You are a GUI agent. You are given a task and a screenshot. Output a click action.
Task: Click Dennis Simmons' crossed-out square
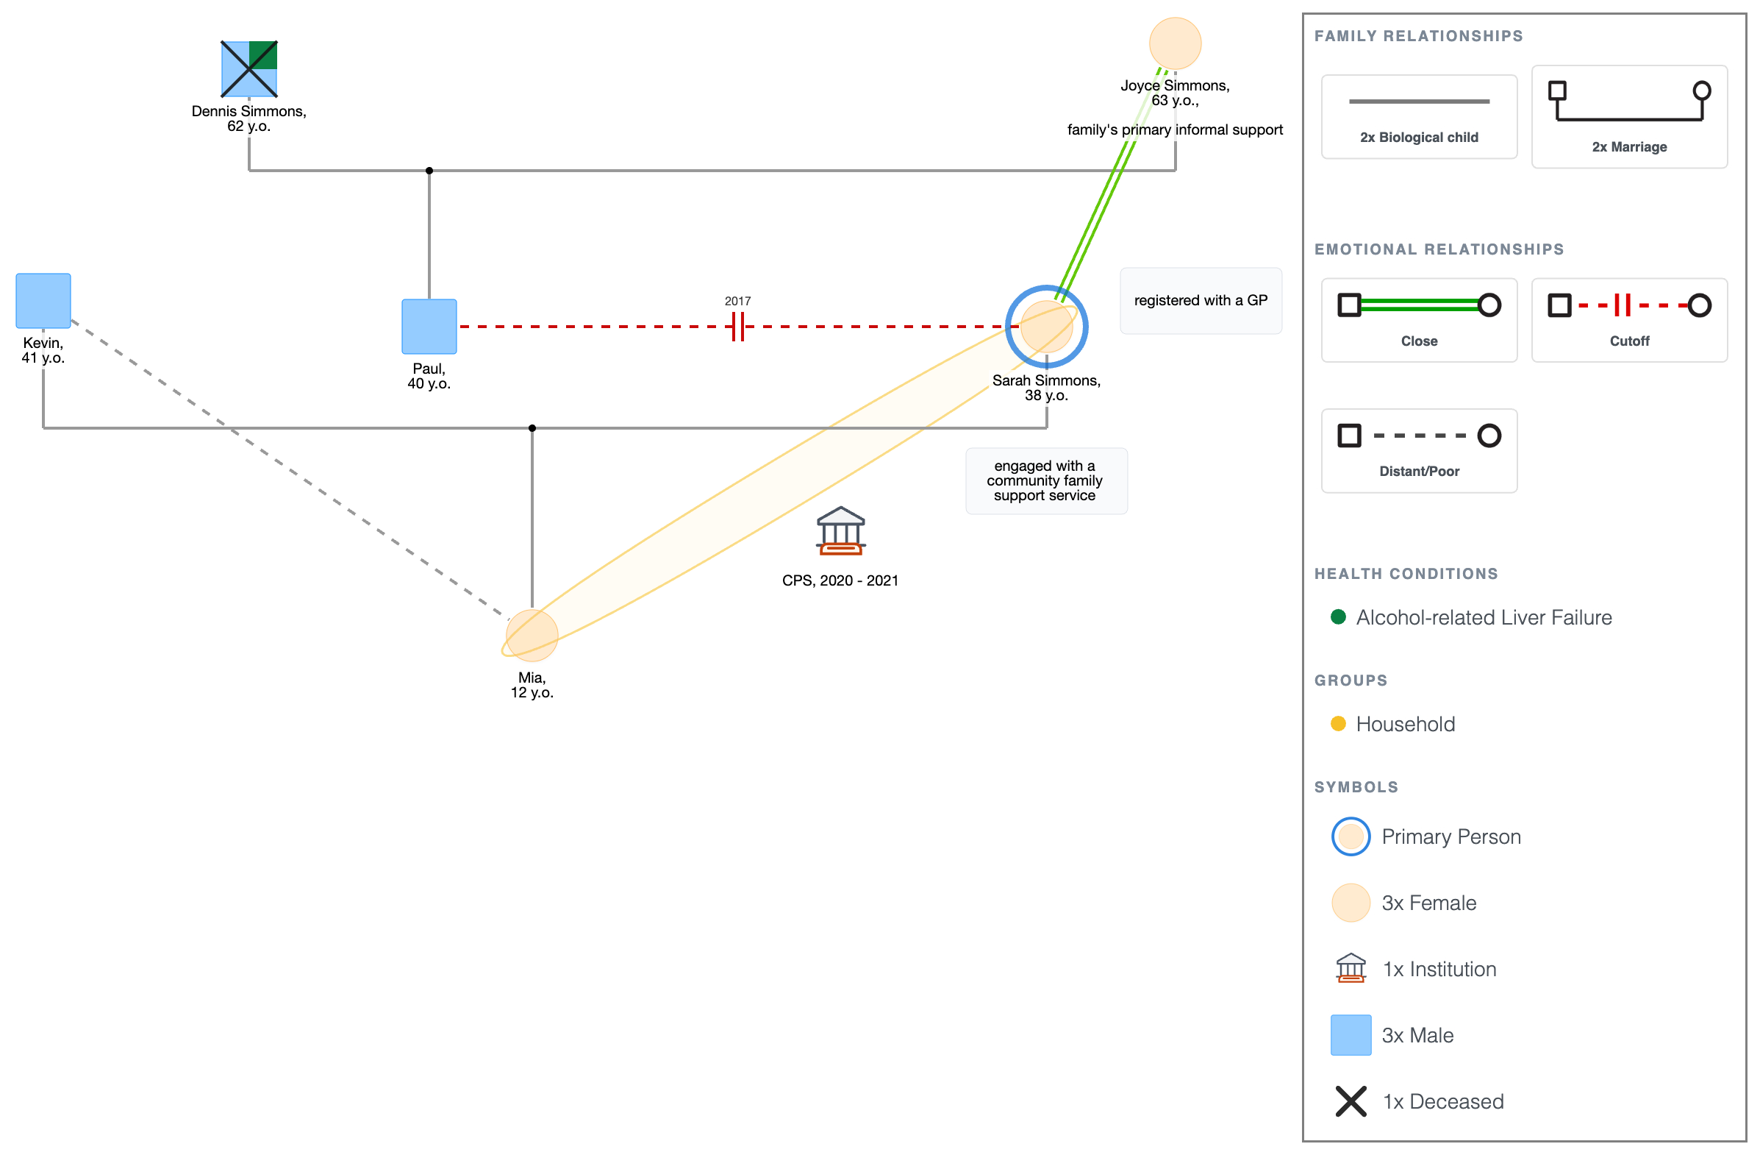pyautogui.click(x=249, y=69)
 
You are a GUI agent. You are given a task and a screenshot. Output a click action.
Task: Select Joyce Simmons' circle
pyautogui.click(x=1175, y=43)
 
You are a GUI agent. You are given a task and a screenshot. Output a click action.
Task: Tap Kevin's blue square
pyautogui.click(x=43, y=300)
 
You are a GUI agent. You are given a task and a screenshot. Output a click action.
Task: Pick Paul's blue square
pyautogui.click(x=429, y=327)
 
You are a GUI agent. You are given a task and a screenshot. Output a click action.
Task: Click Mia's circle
pyautogui.click(x=532, y=636)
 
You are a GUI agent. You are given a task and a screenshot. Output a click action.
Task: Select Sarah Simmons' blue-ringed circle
pyautogui.click(x=1046, y=327)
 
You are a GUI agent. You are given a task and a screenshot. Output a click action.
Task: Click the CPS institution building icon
pyautogui.click(x=841, y=530)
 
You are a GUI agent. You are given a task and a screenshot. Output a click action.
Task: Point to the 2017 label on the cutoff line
pyautogui.click(x=737, y=301)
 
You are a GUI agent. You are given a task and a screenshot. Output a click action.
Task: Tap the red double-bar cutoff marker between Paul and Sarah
pyautogui.click(x=737, y=327)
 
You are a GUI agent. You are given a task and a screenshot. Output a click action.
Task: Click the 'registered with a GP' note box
pyautogui.click(x=1201, y=300)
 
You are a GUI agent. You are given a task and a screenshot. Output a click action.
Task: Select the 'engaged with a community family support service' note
pyautogui.click(x=1046, y=481)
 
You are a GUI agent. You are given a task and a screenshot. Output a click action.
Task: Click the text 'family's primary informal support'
pyautogui.click(x=1175, y=129)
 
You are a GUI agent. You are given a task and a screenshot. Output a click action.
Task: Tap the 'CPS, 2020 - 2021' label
pyautogui.click(x=840, y=581)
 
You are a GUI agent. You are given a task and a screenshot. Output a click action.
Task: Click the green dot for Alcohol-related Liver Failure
pyautogui.click(x=1338, y=617)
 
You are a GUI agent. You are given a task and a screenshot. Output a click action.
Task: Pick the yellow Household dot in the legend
pyautogui.click(x=1338, y=724)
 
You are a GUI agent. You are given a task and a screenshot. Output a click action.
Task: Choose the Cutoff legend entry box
pyautogui.click(x=1629, y=319)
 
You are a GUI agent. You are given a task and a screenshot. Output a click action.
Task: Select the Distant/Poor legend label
pyautogui.click(x=1419, y=472)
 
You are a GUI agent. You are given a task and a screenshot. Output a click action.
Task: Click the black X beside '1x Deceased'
pyautogui.click(x=1351, y=1102)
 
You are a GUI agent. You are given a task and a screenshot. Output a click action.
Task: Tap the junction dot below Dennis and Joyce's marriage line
pyautogui.click(x=429, y=171)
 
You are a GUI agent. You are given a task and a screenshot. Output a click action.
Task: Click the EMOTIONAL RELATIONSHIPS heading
pyautogui.click(x=1439, y=249)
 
